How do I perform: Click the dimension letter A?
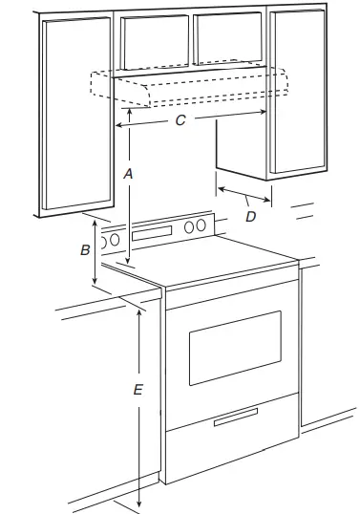point(129,173)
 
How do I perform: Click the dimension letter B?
point(85,250)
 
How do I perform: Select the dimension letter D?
point(250,217)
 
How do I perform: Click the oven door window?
point(234,347)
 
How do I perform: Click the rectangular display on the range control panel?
point(154,232)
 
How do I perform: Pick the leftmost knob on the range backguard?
point(116,239)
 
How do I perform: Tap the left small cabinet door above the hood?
point(154,43)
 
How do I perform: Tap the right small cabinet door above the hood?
point(229,40)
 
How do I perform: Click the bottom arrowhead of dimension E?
point(140,504)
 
